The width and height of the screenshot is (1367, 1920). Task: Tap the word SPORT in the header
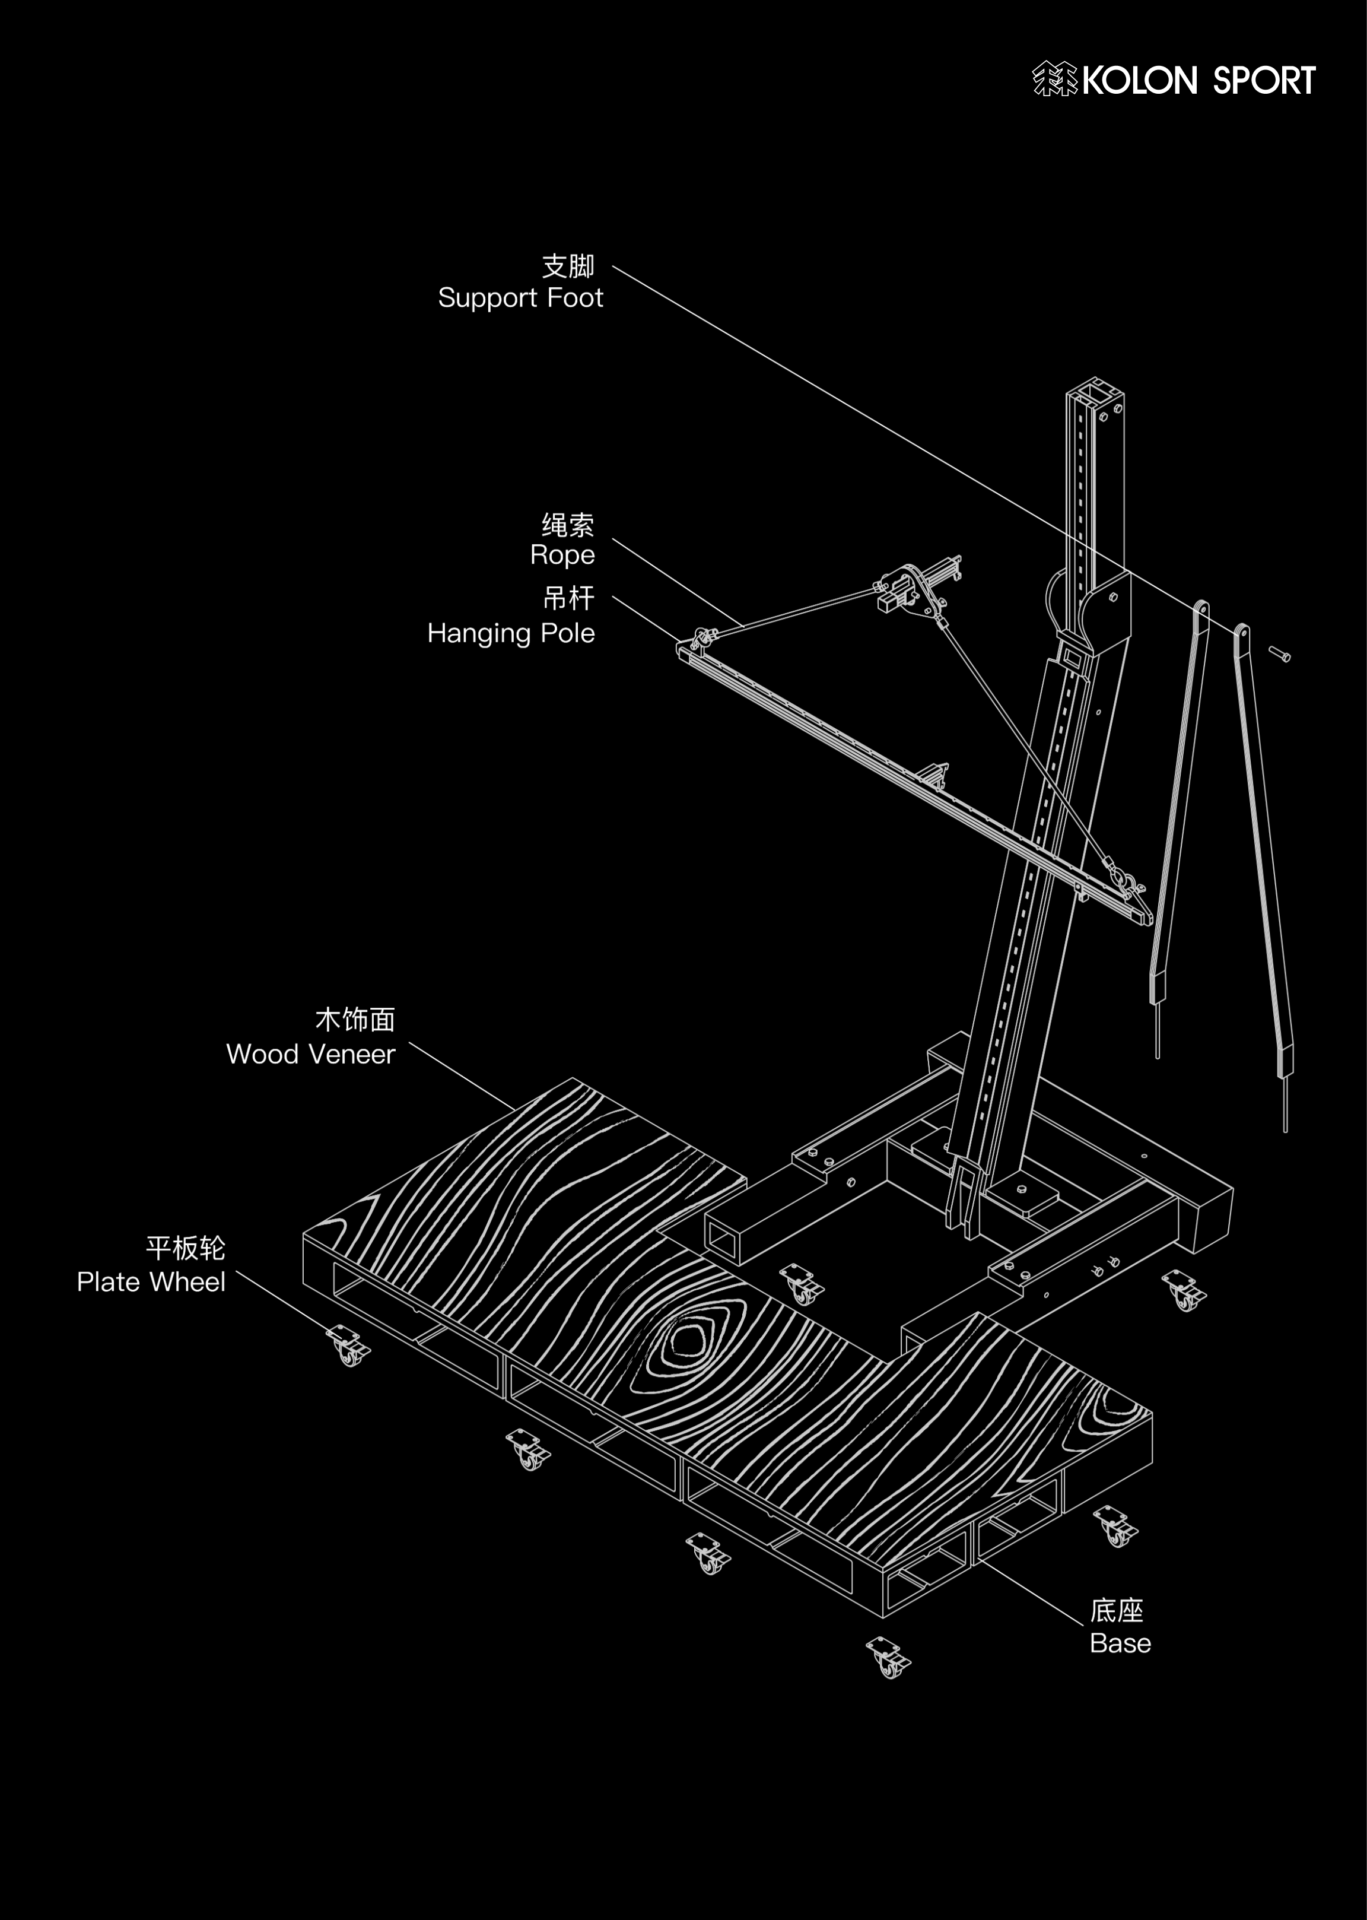pos(1264,81)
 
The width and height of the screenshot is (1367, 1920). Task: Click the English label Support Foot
pos(520,298)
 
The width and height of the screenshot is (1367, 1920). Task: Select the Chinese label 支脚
pos(568,265)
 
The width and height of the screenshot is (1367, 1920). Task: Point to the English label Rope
pos(562,555)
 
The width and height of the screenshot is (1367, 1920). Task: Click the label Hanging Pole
pos(511,633)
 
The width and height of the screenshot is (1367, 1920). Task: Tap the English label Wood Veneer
pos(311,1053)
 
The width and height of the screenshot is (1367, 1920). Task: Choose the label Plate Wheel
pos(151,1282)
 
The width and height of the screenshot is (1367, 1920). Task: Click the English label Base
pos(1120,1642)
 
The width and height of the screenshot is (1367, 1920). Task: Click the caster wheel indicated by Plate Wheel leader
pos(348,1345)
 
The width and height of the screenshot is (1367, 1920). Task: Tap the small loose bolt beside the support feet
pos(1279,653)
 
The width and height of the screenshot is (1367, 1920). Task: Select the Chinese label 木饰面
pos(355,1020)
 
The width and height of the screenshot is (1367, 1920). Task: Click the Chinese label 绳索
pos(568,525)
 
